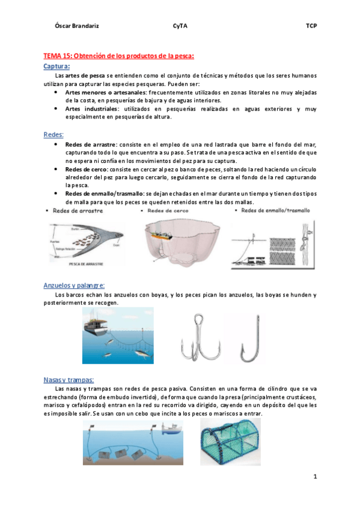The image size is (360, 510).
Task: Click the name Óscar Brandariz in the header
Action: coord(73,26)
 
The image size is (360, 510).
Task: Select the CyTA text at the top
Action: coord(180,26)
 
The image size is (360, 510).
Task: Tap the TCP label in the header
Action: coord(311,26)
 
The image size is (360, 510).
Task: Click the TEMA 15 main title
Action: coord(119,56)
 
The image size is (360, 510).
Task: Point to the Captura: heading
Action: coord(57,66)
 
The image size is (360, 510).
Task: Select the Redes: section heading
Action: coord(53,135)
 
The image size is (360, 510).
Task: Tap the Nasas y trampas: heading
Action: coord(69,379)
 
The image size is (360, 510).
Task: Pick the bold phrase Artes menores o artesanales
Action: coord(105,93)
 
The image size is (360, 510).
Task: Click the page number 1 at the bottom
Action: coord(314,477)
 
